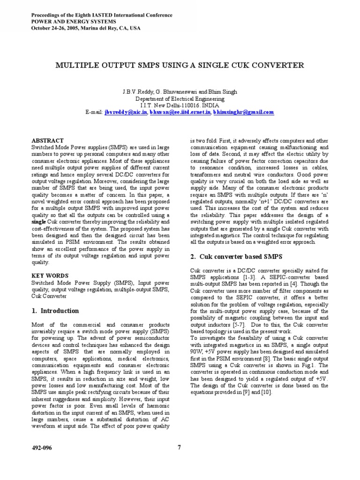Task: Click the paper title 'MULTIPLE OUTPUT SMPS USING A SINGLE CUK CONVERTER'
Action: (180, 65)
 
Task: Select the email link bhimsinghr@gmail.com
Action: (243, 112)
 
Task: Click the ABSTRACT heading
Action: (47, 140)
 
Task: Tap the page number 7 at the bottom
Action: (179, 447)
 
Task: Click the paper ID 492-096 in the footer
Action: (42, 448)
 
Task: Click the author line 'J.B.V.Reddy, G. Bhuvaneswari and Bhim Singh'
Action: (180, 92)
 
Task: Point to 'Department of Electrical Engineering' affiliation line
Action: (180, 99)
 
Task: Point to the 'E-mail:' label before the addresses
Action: (94, 112)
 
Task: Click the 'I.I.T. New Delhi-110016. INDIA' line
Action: (180, 106)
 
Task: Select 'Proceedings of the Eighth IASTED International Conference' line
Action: (101, 15)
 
